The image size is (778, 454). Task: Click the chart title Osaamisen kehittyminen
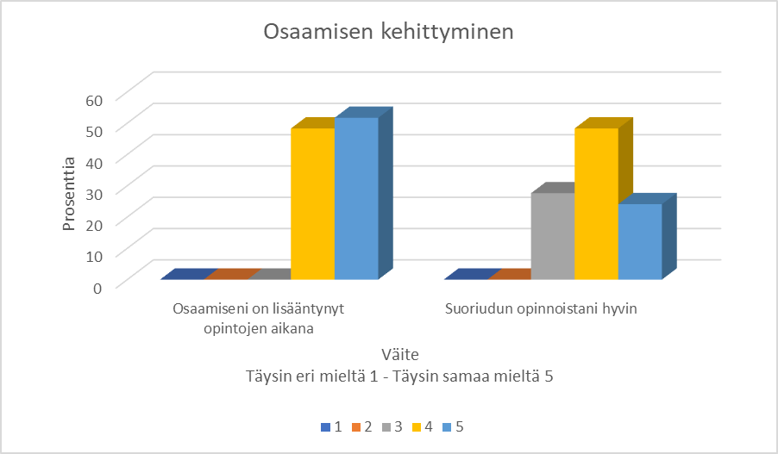click(x=388, y=33)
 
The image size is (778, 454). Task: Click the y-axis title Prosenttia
click(x=69, y=193)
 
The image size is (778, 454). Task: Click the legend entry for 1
click(x=331, y=426)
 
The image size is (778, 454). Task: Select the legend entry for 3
click(x=392, y=426)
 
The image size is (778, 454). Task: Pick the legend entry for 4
click(x=422, y=426)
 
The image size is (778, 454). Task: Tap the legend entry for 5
click(x=452, y=426)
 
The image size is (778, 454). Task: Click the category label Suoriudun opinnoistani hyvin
click(x=541, y=308)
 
